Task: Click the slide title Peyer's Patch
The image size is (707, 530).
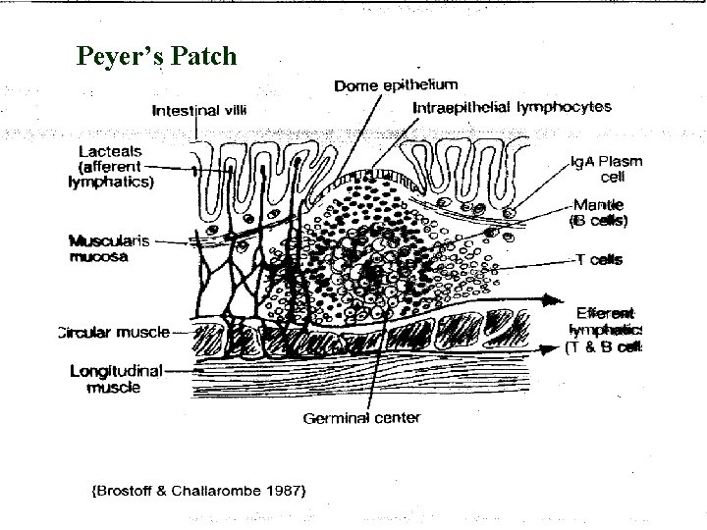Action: [x=157, y=56]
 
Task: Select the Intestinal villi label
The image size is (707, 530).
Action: [x=199, y=111]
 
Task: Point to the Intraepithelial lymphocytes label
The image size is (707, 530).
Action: [x=513, y=106]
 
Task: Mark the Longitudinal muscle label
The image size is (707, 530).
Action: [x=116, y=379]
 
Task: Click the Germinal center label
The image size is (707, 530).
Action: [x=361, y=417]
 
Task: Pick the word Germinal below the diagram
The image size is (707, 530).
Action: [x=336, y=417]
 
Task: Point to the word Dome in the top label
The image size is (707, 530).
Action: [x=353, y=86]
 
